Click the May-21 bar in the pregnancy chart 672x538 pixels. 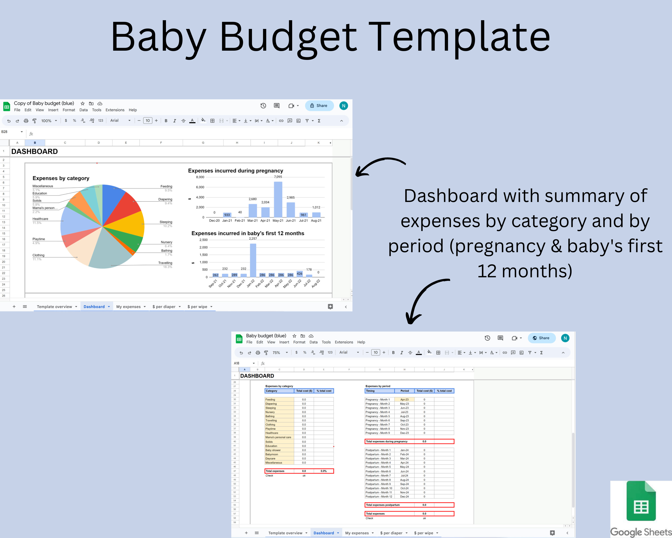pyautogui.click(x=278, y=200)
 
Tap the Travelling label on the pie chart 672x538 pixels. pyautogui.click(x=165, y=263)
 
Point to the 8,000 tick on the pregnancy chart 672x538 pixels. pyautogui.click(x=200, y=177)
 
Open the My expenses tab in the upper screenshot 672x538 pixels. pyautogui.click(x=128, y=307)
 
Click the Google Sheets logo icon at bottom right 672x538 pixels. pyautogui.click(x=641, y=501)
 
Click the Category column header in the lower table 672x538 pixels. pyautogui.click(x=271, y=391)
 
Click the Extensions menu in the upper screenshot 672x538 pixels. pyautogui.click(x=115, y=110)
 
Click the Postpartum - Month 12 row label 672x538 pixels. pyautogui.click(x=379, y=497)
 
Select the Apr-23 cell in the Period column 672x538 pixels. pyautogui.click(x=404, y=399)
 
